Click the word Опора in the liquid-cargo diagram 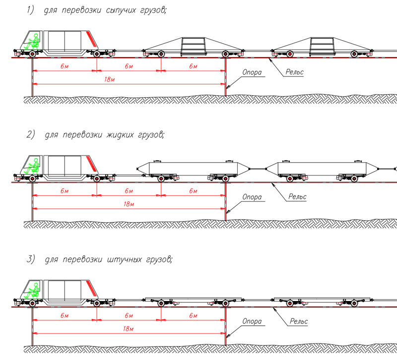[252, 197]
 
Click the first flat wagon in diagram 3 [193, 300]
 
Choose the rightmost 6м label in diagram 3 [193, 315]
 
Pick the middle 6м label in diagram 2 [129, 191]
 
